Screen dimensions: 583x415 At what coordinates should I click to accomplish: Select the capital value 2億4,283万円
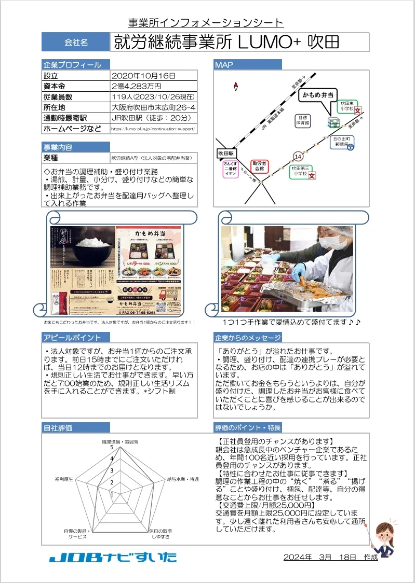click(137, 86)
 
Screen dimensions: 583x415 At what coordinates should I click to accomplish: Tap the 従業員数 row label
click(58, 97)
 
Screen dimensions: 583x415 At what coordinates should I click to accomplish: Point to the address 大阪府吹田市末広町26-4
click(153, 107)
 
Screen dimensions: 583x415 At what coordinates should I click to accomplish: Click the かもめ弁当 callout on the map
click(318, 95)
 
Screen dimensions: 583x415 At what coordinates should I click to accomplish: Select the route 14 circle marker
click(298, 156)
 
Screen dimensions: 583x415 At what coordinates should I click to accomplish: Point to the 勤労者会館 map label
click(259, 166)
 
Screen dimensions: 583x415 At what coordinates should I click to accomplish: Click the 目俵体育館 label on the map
click(303, 121)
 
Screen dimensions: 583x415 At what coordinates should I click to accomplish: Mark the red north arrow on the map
click(236, 86)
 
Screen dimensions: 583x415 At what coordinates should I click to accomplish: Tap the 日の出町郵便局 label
click(342, 142)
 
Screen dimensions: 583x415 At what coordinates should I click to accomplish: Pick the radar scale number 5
click(111, 447)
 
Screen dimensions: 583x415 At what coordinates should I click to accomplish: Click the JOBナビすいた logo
click(113, 558)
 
